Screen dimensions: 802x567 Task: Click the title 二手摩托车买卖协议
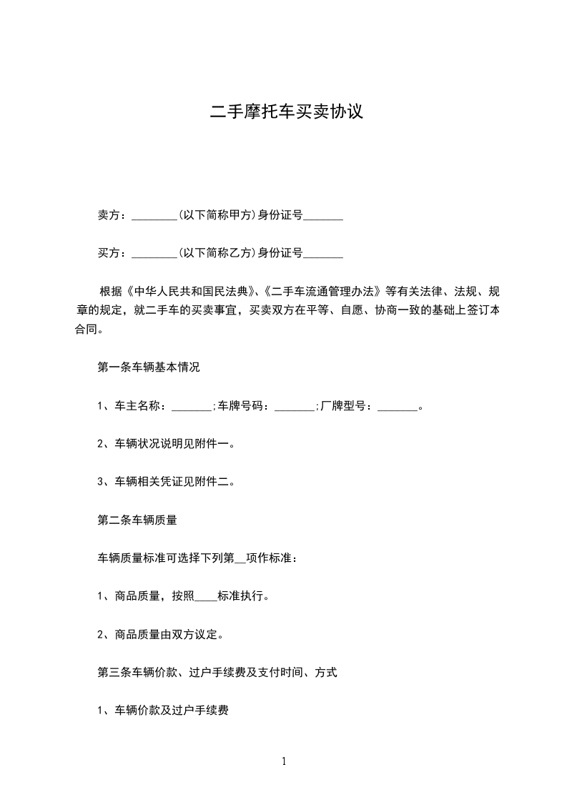(x=287, y=112)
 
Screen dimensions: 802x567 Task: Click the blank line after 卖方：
(x=154, y=214)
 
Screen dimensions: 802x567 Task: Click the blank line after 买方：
(x=154, y=252)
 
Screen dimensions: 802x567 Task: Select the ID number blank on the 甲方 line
(x=323, y=214)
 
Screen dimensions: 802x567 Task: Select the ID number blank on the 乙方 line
(x=323, y=252)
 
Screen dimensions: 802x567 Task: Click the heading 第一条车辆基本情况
(x=148, y=367)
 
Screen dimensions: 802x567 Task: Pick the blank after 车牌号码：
(x=295, y=406)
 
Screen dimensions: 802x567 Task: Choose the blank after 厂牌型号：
(x=397, y=406)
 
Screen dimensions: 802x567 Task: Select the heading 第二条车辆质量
(x=137, y=520)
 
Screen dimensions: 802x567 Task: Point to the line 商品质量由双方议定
(x=170, y=634)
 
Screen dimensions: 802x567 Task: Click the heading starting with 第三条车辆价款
(x=217, y=673)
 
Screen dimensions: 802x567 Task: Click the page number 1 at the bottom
(x=284, y=762)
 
